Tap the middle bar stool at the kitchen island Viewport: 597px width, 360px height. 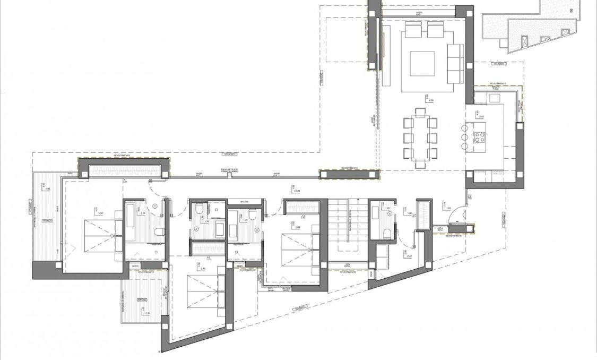click(465, 138)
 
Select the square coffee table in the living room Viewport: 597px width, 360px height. click(422, 62)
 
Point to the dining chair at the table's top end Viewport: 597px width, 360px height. click(420, 112)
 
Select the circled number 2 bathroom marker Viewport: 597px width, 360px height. click(196, 229)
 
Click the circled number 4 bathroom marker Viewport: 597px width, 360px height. click(390, 214)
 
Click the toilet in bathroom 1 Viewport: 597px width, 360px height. click(158, 232)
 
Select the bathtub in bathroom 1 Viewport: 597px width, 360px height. click(131, 219)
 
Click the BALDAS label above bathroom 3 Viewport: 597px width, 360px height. click(245, 202)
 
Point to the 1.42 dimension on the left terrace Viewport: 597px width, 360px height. click(47, 188)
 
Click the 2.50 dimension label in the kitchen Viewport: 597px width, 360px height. click(482, 116)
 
